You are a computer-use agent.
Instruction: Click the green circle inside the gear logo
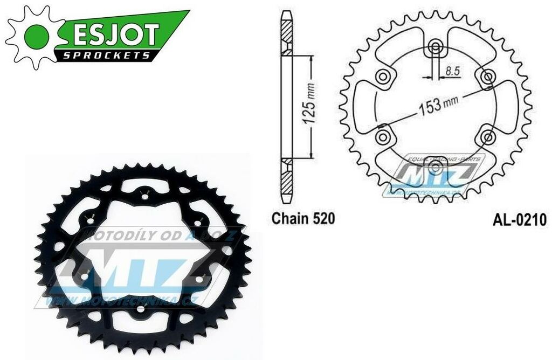click(34, 36)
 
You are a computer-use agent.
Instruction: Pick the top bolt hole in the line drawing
click(435, 48)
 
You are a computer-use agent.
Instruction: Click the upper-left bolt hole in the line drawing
click(384, 78)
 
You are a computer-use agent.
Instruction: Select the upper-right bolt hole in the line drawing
click(487, 78)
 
